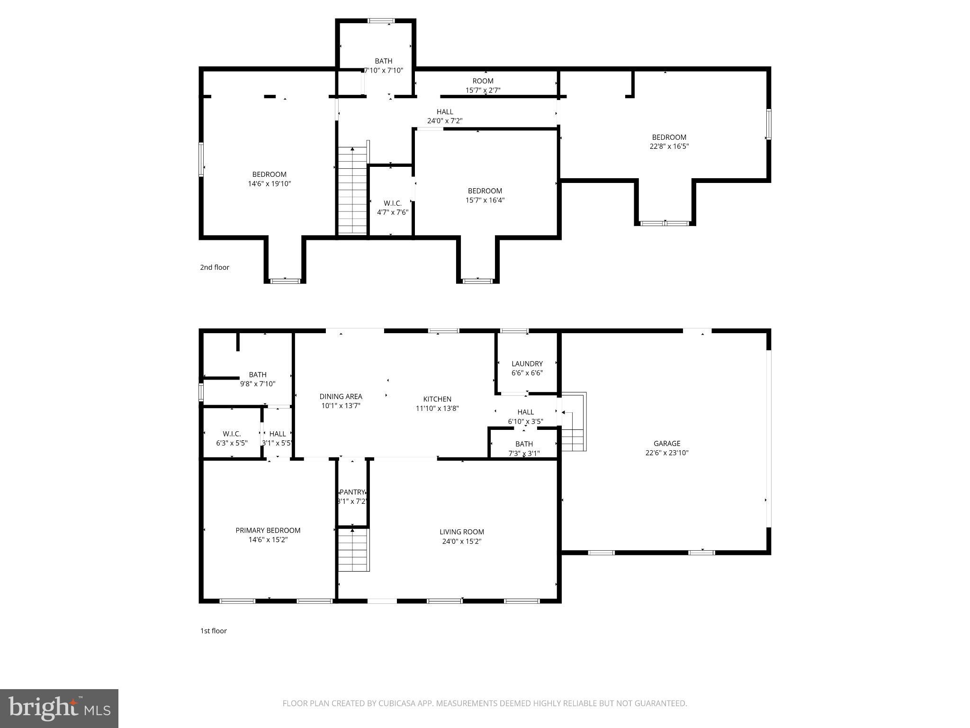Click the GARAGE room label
pos(667,444)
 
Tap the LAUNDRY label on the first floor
pos(527,364)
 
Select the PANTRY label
pos(352,492)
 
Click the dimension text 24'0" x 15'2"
pos(461,541)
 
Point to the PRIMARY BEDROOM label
pos(268,530)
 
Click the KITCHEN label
pos(437,399)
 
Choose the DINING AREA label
pos(341,397)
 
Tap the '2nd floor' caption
pos(214,267)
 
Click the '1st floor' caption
pos(213,631)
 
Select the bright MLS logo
pos(59,709)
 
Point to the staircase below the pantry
pos(353,550)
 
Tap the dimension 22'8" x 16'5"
pos(669,146)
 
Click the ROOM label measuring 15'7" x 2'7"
pos(483,81)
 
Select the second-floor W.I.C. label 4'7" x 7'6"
pos(392,203)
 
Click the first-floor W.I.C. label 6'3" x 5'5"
pos(232,434)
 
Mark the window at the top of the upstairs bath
pos(381,20)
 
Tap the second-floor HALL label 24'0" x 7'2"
pos(445,112)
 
